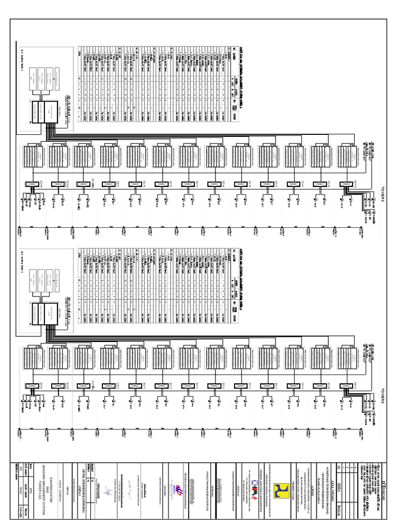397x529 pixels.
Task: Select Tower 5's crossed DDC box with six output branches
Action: pyautogui.click(x=29, y=184)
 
